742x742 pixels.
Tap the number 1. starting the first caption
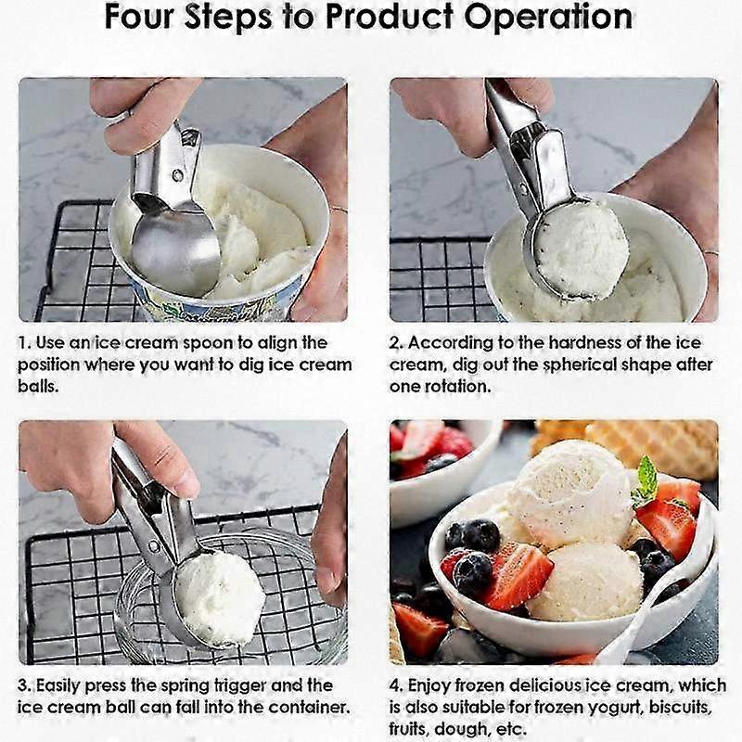coord(26,343)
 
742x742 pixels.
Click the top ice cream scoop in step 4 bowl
coord(570,492)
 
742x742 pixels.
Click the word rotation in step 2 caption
coord(458,386)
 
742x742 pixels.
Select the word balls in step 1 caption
coord(37,386)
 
